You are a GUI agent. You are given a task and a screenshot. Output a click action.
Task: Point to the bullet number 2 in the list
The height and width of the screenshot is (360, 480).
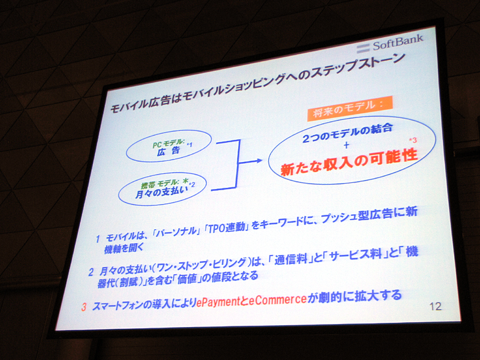pyautogui.click(x=91, y=272)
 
